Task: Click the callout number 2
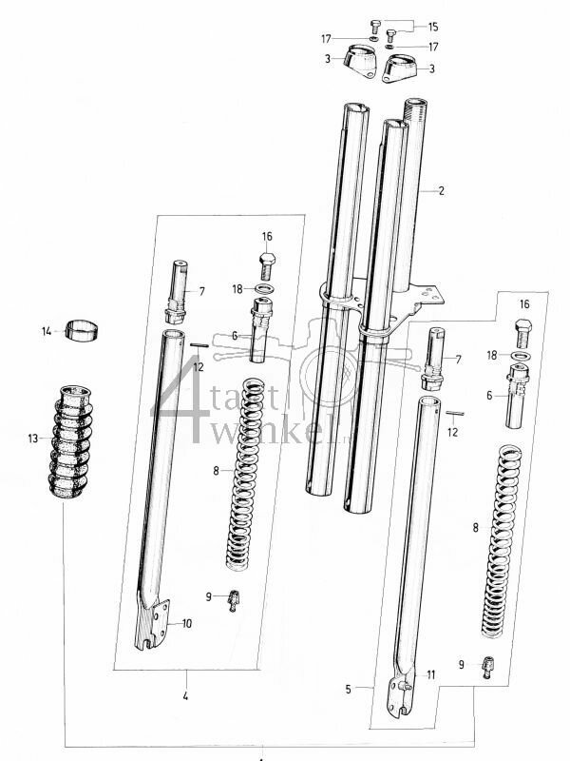pyautogui.click(x=441, y=190)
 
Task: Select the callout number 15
pyautogui.click(x=433, y=25)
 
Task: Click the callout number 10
pyautogui.click(x=186, y=623)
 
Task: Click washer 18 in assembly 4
pyautogui.click(x=266, y=289)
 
